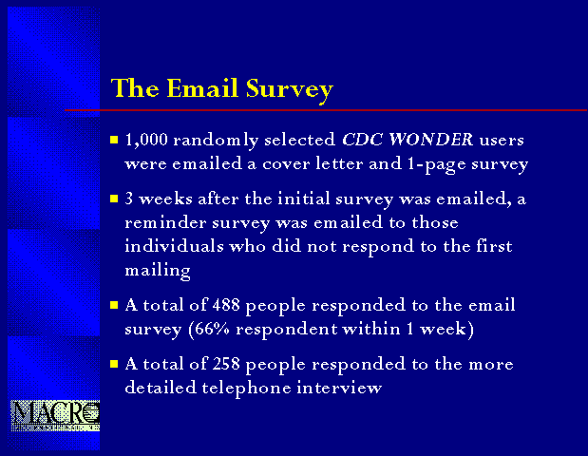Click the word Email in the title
click(202, 88)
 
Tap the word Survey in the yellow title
click(290, 90)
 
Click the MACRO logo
click(55, 415)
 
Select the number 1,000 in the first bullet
click(146, 140)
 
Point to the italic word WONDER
click(430, 139)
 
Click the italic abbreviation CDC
click(362, 139)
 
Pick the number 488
click(226, 305)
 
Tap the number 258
click(226, 364)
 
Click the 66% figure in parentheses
click(212, 329)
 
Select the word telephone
click(246, 388)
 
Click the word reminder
click(165, 222)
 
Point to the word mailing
click(158, 271)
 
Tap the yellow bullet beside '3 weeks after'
click(114, 199)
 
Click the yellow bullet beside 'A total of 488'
click(114, 305)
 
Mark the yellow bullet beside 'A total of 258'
click(114, 364)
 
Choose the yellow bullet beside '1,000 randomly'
click(114, 140)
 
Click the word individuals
click(174, 246)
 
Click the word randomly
click(216, 141)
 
